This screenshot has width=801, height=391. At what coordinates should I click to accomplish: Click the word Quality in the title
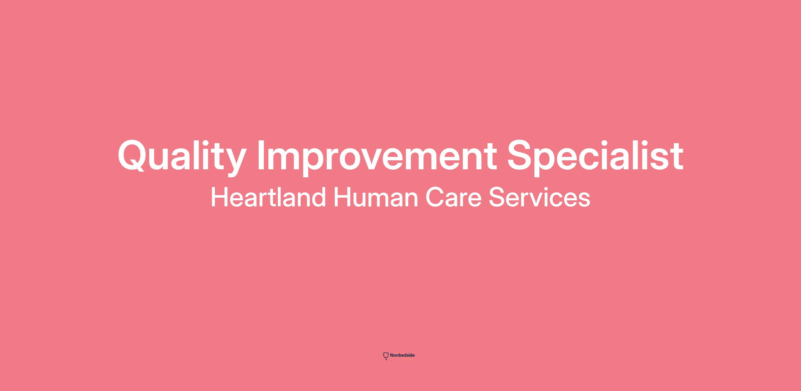point(182,157)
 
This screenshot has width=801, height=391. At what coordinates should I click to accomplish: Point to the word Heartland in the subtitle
point(268,197)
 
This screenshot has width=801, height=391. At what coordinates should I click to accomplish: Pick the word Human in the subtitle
point(376,197)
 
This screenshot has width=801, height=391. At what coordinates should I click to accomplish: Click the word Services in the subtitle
point(540,197)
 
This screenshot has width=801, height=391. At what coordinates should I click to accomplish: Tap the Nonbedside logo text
point(402,355)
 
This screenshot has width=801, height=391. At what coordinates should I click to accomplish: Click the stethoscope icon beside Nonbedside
point(386,356)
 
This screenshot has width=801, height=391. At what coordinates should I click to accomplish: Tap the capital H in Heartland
point(219,197)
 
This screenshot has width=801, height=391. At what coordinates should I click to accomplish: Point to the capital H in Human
point(342,197)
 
